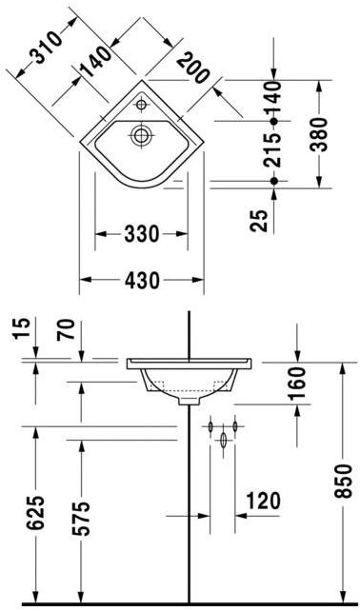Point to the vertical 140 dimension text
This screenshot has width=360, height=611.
[x=275, y=103]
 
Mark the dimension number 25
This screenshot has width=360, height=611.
[x=260, y=222]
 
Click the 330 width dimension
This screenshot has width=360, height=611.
[x=142, y=233]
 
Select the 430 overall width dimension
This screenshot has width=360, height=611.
[x=142, y=280]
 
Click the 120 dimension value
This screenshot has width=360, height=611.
[x=262, y=499]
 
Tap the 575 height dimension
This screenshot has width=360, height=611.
[x=83, y=519]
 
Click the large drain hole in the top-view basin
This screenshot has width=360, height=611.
[x=141, y=135]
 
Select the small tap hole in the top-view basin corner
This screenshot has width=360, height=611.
[x=141, y=104]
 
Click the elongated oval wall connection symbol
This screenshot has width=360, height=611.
[x=223, y=441]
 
